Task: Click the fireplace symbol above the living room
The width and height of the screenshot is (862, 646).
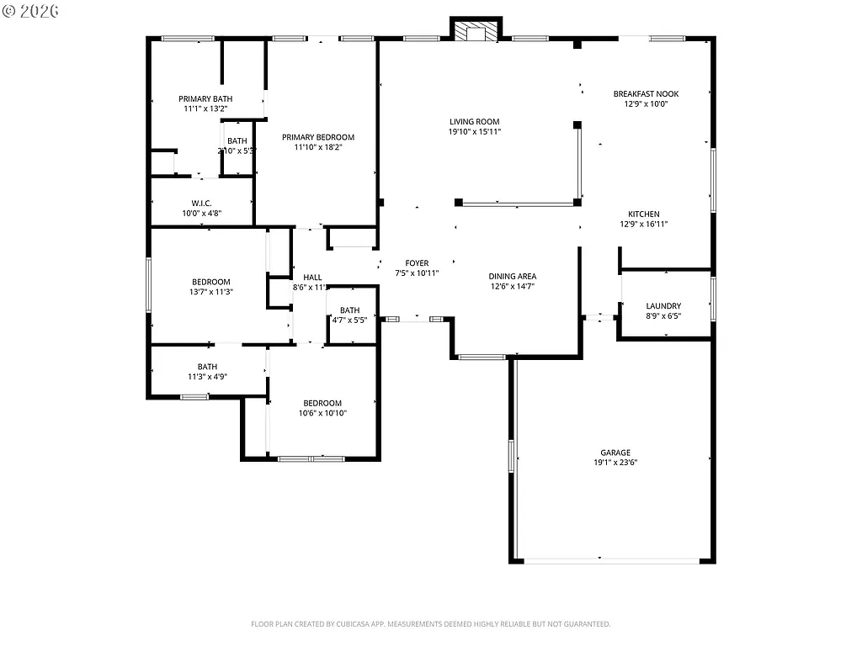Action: click(x=476, y=30)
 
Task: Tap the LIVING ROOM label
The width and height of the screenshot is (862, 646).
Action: click(x=474, y=122)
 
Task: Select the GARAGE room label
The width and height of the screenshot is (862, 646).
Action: click(x=615, y=453)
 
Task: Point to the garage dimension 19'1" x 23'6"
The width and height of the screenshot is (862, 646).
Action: click(x=615, y=463)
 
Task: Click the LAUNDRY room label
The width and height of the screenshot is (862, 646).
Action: click(x=663, y=306)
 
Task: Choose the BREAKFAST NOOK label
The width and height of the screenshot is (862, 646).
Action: click(x=646, y=94)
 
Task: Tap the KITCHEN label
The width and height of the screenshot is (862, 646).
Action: click(x=644, y=214)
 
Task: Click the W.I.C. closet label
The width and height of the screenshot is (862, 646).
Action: click(x=201, y=203)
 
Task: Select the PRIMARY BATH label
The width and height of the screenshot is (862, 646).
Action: click(x=205, y=98)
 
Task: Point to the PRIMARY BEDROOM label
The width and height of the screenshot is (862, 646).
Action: click(x=318, y=137)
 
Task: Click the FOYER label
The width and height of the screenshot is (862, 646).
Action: click(x=417, y=263)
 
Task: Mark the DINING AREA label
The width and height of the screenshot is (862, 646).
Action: click(x=513, y=276)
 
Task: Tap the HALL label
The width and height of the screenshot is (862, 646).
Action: click(x=312, y=277)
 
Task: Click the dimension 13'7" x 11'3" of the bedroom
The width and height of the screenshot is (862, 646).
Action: click(x=210, y=292)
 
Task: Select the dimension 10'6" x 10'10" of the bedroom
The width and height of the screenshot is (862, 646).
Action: click(x=322, y=413)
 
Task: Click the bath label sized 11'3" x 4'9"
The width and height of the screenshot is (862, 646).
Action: click(x=207, y=367)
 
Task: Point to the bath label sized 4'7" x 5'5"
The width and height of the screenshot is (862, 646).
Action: click(x=349, y=310)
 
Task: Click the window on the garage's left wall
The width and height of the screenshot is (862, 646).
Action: click(x=511, y=455)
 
